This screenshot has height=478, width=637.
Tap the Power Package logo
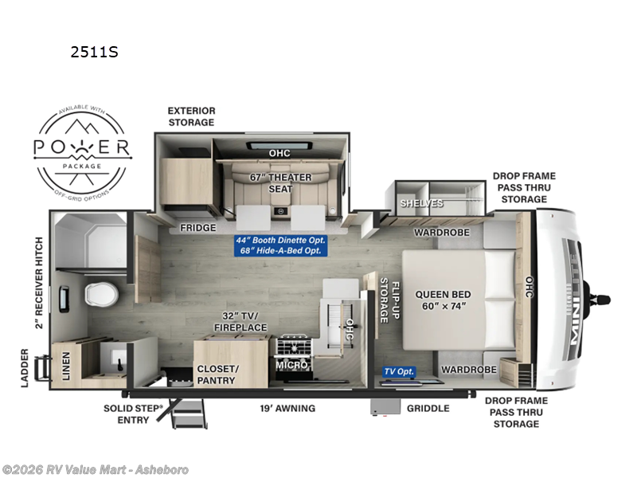81,147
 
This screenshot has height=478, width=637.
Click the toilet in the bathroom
102,293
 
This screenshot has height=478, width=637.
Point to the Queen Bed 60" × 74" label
443,300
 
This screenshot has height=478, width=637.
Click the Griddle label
428,409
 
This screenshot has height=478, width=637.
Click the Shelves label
421,204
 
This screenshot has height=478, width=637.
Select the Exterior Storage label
191,116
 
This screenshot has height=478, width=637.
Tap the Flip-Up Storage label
388,300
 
